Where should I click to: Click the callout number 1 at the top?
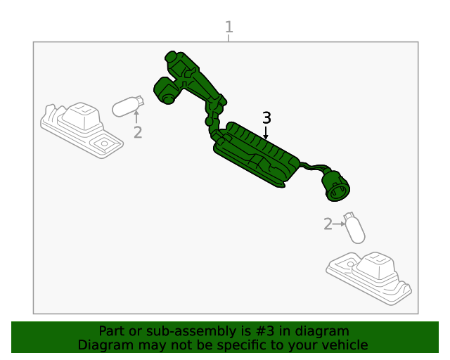229,27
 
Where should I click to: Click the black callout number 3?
266,118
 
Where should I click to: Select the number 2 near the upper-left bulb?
138,131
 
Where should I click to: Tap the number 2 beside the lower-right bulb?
328,224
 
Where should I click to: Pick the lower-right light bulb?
355,228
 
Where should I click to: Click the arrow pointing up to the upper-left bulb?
138,117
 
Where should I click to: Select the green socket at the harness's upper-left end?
166,90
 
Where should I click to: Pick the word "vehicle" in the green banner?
344,345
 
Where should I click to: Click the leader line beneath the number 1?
229,38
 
